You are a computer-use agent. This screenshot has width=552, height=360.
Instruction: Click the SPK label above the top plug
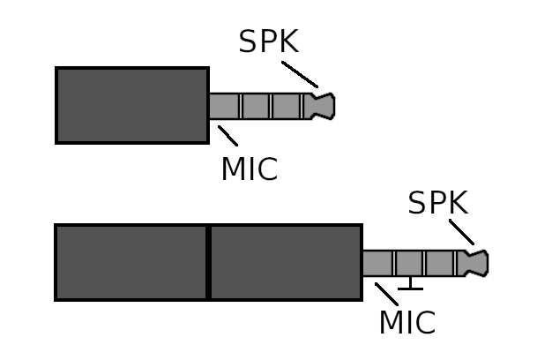pos(269,41)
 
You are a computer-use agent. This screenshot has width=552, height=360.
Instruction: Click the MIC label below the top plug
pos(250,169)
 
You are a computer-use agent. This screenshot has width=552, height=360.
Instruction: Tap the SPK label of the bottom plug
pos(438,203)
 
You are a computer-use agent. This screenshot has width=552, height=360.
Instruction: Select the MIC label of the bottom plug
pos(407,322)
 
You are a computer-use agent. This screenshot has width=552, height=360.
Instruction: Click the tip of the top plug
pos(323,106)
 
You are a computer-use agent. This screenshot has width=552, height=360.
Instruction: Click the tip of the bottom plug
pos(477,263)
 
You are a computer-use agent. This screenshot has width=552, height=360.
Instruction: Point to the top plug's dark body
pos(132,105)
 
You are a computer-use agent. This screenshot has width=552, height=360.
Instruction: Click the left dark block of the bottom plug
pos(131,262)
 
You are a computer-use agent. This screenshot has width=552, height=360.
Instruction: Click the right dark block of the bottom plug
pos(287,262)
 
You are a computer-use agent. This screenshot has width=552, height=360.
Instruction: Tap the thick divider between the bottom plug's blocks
pos(208,262)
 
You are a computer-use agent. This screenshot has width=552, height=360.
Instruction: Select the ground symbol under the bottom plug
pos(410,284)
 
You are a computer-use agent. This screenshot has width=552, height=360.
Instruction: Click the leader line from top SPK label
pos(300,74)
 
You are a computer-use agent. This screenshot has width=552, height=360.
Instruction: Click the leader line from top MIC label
pos(228,136)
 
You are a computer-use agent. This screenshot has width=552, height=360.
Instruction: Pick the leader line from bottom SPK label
pos(461,232)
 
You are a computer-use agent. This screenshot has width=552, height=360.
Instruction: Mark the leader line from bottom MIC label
pos(386,294)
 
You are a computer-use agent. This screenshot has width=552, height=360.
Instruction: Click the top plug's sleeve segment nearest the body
pos(224,106)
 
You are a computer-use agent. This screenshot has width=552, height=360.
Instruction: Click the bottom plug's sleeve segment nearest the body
pos(377,263)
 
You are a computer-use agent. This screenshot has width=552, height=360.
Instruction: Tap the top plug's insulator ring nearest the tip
pos(302,106)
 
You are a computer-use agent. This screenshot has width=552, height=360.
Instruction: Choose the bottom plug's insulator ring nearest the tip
pos(455,263)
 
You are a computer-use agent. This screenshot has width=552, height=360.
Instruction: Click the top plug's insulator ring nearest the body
pos(241,106)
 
